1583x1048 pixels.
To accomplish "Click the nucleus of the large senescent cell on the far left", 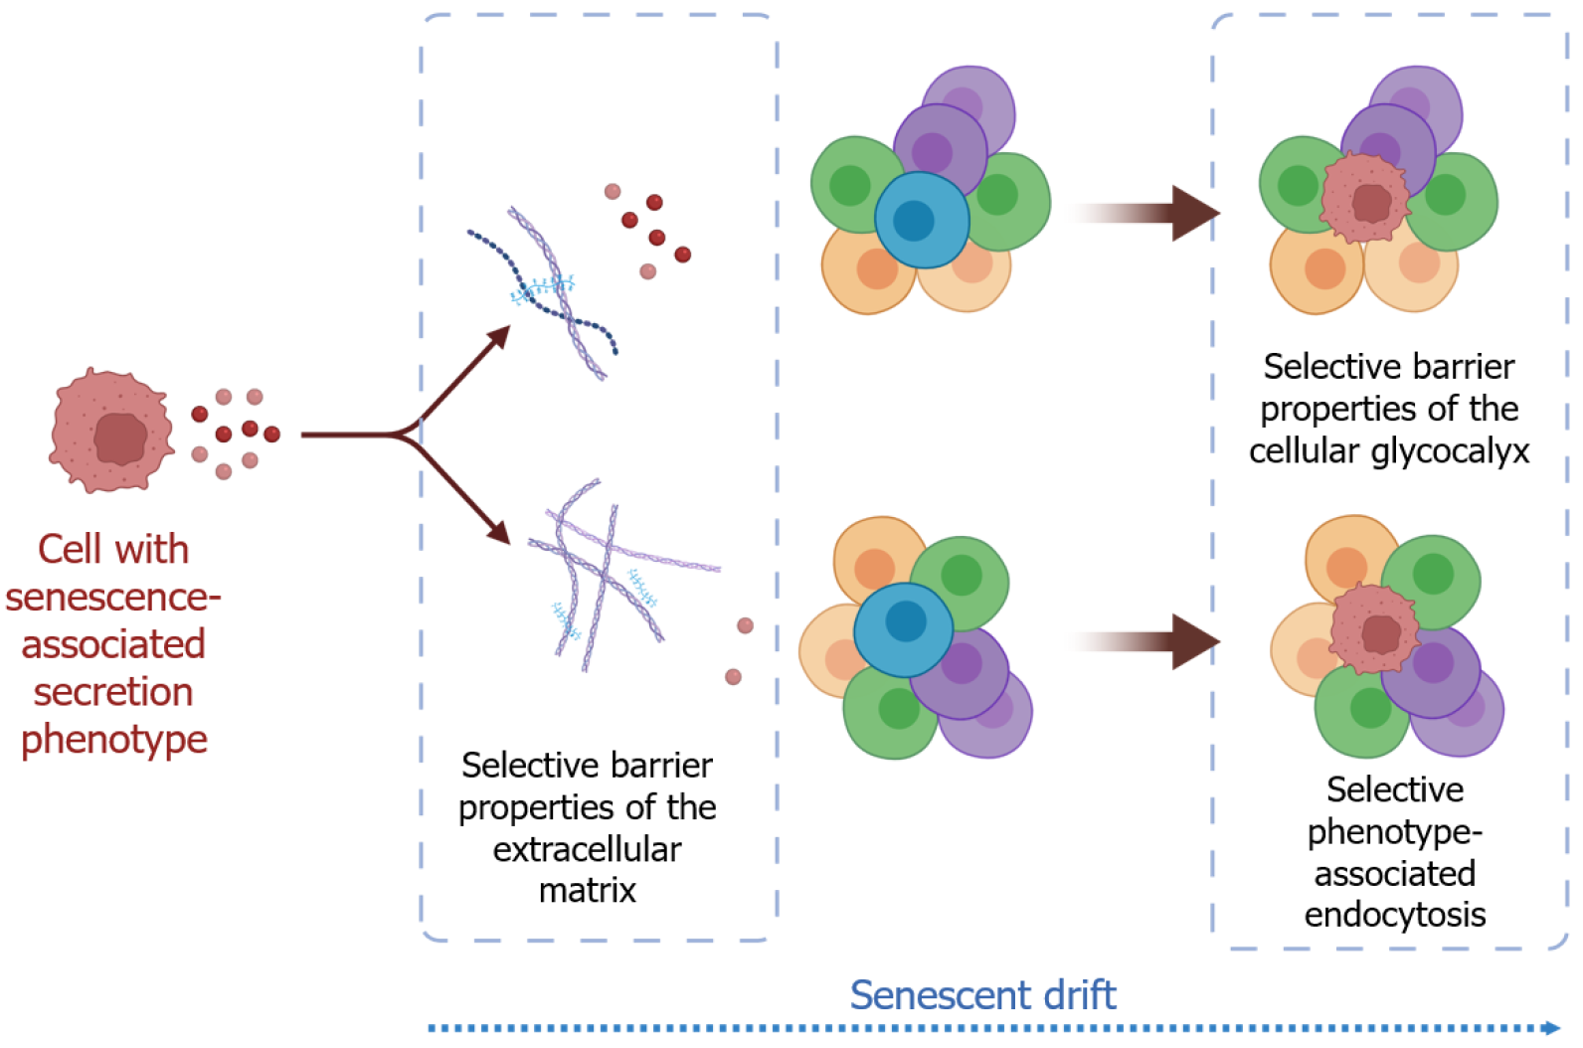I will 120,438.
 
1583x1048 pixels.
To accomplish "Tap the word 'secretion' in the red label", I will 113,692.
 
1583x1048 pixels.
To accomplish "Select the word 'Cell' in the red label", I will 69,549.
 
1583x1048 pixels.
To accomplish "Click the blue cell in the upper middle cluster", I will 922,220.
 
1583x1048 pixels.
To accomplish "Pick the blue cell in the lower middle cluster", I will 903,629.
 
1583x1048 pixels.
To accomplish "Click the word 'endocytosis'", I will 1395,915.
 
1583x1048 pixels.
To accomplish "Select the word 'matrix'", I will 587,890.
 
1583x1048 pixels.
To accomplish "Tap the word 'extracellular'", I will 587,849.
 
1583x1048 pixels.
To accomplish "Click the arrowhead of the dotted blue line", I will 1551,1028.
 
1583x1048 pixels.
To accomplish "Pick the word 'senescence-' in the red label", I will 113,598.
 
